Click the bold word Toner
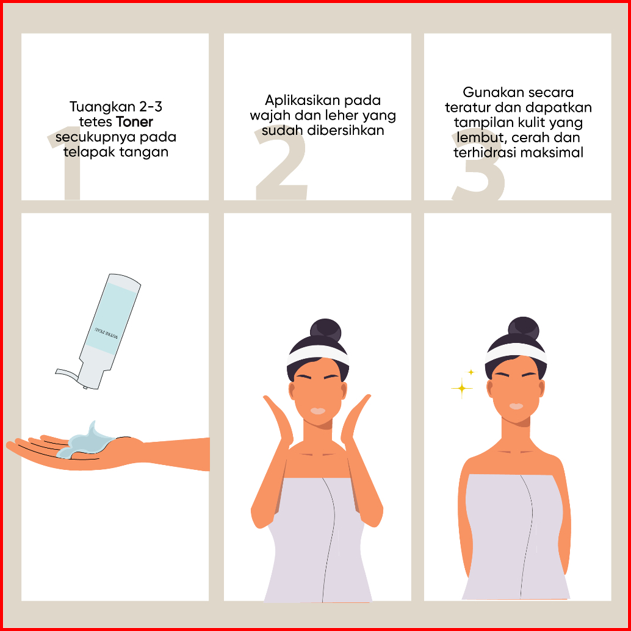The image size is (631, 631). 134,121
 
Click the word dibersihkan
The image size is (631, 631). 345,131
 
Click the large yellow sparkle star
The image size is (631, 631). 461,388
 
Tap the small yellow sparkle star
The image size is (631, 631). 471,372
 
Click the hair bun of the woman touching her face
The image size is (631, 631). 325,331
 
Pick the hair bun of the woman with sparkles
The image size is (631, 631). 523,328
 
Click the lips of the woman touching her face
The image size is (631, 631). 318,411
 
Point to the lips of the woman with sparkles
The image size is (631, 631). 516,406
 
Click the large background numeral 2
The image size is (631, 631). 281,164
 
